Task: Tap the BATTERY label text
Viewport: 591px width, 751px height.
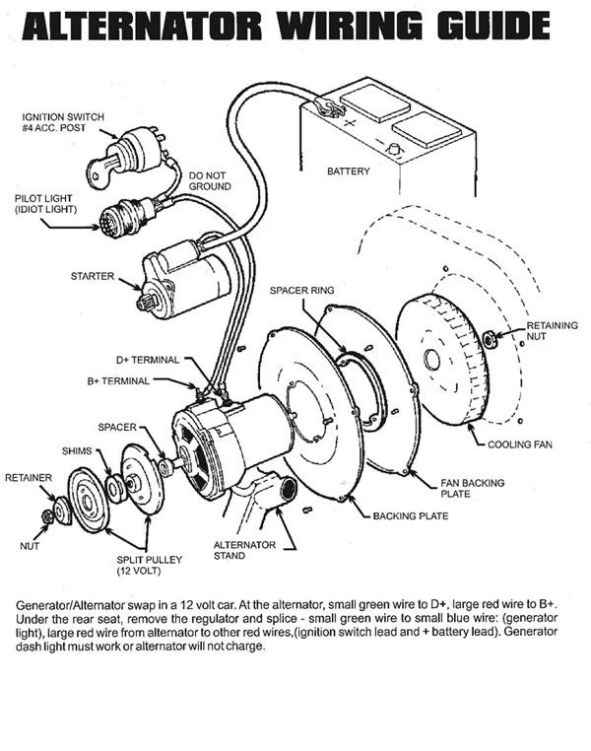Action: click(x=348, y=171)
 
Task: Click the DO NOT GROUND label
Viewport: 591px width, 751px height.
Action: click(x=210, y=180)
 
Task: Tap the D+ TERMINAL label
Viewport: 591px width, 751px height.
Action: click(x=148, y=360)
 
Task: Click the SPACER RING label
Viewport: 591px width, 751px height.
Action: click(x=301, y=292)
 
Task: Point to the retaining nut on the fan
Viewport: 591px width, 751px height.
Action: click(x=489, y=340)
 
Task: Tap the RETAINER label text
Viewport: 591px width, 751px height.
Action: click(x=29, y=477)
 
